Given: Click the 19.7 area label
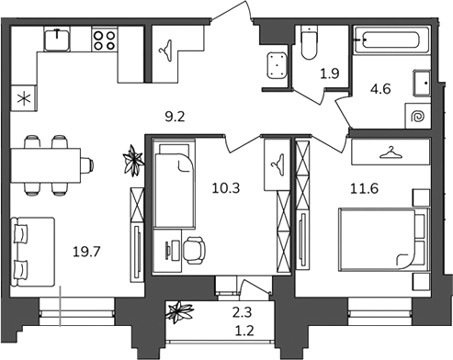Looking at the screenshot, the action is click(86, 252).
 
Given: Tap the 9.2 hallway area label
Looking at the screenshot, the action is click(175, 117).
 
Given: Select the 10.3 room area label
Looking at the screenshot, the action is click(226, 188).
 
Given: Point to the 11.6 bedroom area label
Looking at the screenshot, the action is click(364, 188).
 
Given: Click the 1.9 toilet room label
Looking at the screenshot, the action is click(330, 73).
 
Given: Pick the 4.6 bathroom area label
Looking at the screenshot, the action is click(380, 89).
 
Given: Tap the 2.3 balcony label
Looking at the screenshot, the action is click(242, 312).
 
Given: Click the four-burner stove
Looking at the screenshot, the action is click(105, 40).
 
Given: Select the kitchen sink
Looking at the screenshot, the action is click(57, 39).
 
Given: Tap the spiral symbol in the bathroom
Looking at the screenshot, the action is click(418, 117).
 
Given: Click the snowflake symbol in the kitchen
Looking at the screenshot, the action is click(24, 98).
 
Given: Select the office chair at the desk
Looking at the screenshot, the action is click(194, 251).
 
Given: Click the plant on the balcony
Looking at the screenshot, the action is click(180, 312).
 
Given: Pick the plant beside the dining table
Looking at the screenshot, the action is click(133, 161).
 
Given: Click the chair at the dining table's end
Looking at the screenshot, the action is click(87, 165).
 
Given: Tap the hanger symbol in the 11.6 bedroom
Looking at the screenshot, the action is click(391, 152).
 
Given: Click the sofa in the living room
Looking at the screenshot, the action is click(32, 252).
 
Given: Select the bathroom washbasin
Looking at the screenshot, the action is click(422, 84).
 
